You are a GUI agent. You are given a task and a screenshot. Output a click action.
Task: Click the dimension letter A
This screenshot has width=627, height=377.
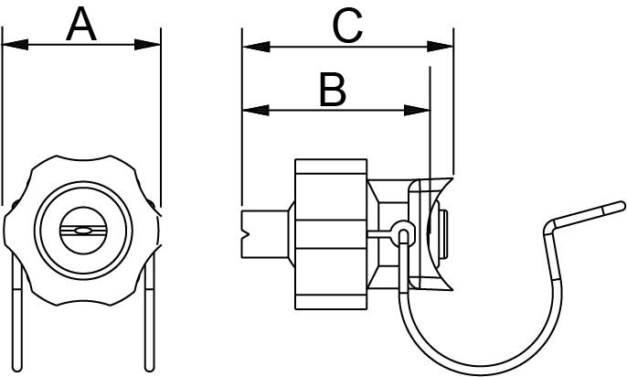(81, 25)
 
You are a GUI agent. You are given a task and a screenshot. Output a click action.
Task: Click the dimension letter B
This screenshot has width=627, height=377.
(333, 90)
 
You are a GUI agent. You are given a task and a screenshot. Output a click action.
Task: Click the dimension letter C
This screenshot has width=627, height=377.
(347, 26)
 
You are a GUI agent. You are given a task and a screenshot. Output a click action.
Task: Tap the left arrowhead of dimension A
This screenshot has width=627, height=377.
(16, 45)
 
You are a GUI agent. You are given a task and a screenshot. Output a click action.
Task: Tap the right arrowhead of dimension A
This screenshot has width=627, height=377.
(147, 45)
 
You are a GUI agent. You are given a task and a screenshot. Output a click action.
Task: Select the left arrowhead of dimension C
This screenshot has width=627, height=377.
(256, 47)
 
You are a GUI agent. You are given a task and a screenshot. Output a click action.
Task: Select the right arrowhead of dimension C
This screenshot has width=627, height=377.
(440, 47)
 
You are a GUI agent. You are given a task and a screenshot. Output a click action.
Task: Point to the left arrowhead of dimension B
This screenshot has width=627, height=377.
(256, 110)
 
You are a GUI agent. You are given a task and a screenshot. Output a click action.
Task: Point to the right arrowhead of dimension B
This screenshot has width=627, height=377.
(417, 110)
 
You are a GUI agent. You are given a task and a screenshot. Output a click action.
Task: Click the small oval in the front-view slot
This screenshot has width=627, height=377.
(83, 231)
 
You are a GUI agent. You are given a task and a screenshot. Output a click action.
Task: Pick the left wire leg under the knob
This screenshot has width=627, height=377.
(17, 312)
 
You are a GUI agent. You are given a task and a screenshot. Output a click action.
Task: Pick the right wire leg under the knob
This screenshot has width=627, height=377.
(149, 312)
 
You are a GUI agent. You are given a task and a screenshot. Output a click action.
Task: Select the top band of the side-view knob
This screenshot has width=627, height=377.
(331, 167)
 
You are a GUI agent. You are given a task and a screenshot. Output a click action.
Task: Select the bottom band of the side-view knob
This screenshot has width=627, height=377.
(331, 302)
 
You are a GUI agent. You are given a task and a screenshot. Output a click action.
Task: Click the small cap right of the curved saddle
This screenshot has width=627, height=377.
(443, 233)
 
